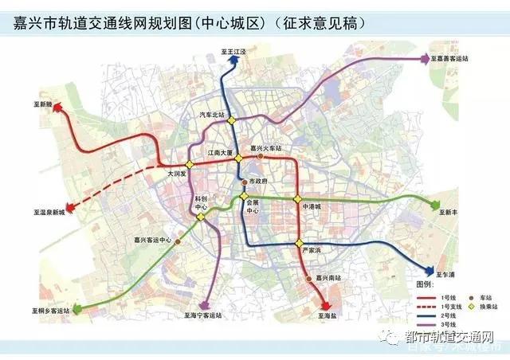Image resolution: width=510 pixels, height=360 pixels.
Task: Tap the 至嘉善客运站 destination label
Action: pos(453,58)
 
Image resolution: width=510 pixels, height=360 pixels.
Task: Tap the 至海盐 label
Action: pos(331,316)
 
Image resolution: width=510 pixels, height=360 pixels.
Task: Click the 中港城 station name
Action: pos(311,206)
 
